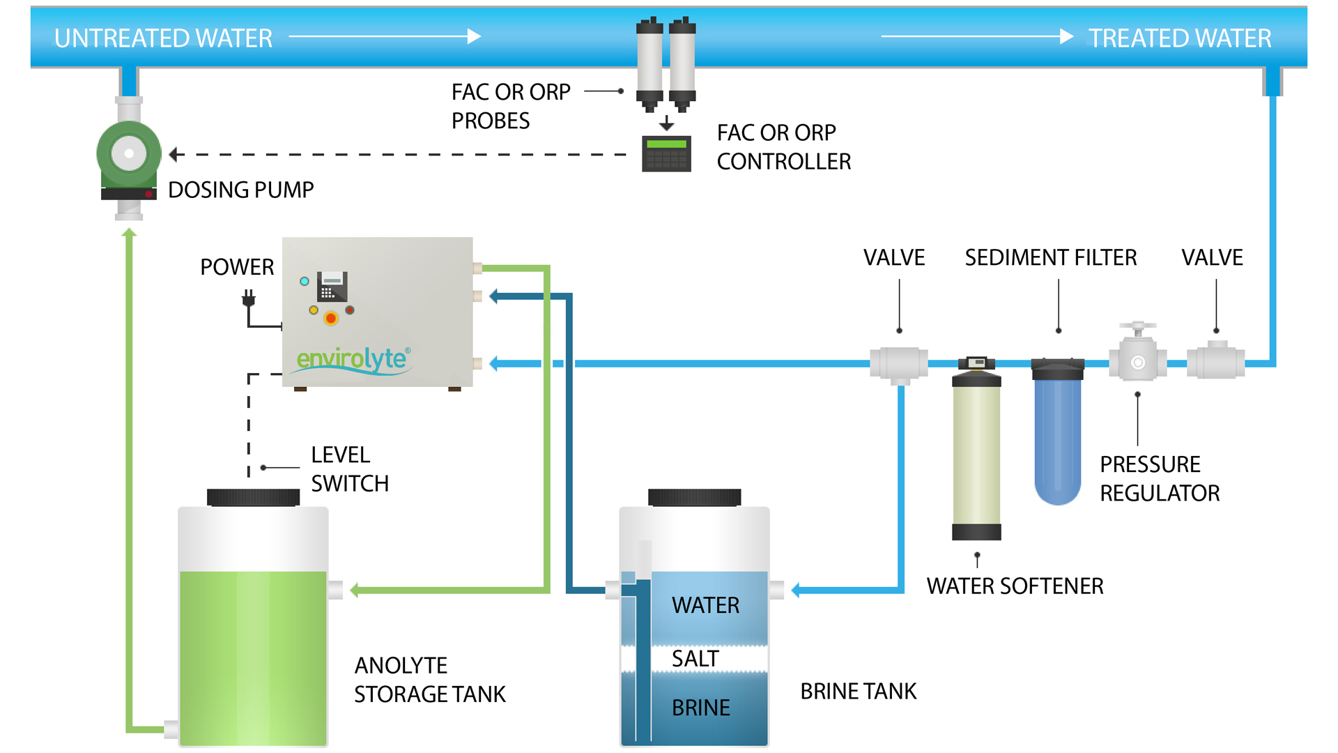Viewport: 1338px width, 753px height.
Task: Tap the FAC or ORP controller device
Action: (x=666, y=153)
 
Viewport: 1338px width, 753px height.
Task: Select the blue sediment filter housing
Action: (x=1057, y=432)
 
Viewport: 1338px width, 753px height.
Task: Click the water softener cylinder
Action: (x=976, y=453)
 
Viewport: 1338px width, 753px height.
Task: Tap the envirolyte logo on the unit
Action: (x=353, y=359)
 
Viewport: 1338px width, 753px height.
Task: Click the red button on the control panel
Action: (x=331, y=319)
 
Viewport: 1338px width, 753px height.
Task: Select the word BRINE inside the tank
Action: (x=700, y=708)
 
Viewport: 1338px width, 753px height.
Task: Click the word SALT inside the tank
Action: (x=695, y=658)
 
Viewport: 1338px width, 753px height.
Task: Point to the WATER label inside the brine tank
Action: (x=705, y=605)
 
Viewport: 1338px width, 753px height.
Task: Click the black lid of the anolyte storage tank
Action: (x=253, y=496)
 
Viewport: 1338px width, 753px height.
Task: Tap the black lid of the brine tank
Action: (x=694, y=496)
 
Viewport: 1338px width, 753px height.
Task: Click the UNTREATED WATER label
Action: (x=163, y=38)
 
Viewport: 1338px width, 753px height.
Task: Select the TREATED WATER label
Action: (x=1180, y=38)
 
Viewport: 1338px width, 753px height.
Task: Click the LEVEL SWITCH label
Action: (x=350, y=469)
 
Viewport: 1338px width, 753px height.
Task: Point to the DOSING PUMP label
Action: (x=241, y=190)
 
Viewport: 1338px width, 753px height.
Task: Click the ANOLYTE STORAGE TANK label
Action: (x=429, y=680)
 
